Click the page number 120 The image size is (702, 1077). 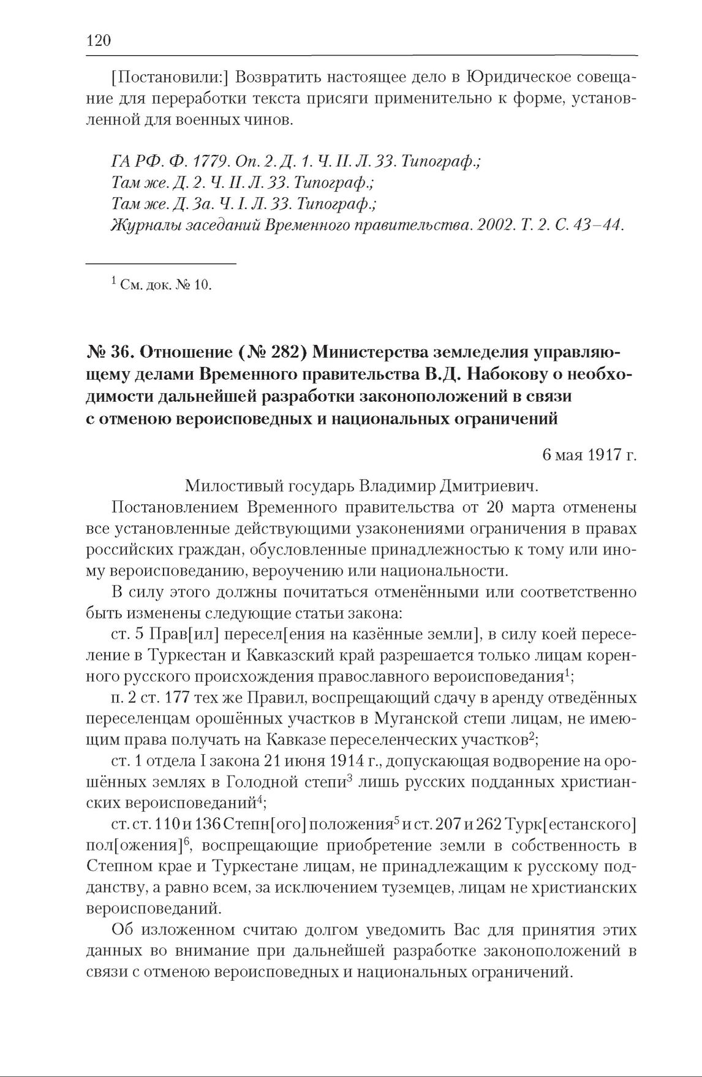99,41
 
